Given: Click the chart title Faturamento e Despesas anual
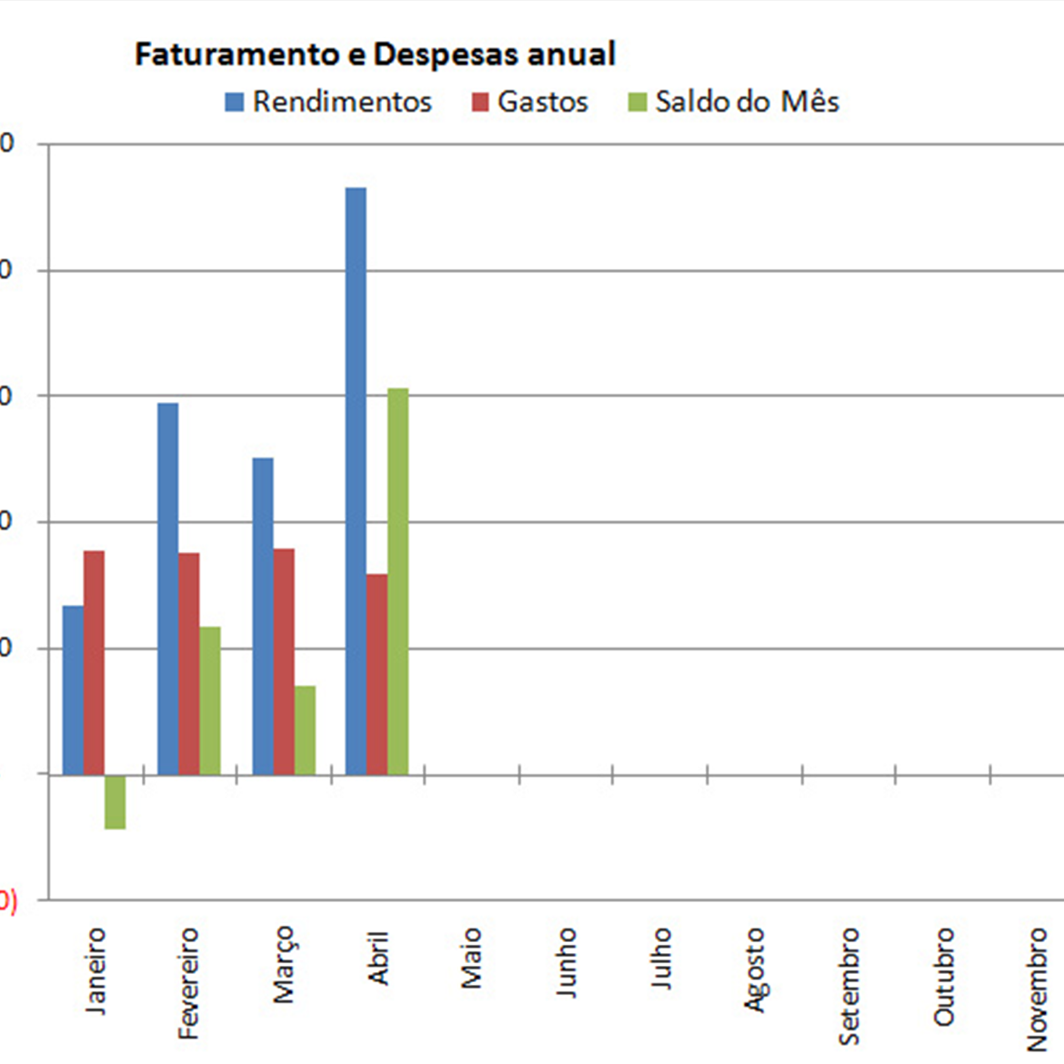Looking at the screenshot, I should click(x=375, y=55).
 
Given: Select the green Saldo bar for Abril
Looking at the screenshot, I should click(x=397, y=581).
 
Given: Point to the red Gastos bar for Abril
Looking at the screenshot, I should click(x=376, y=674).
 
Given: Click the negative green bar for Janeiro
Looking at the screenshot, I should click(x=115, y=801).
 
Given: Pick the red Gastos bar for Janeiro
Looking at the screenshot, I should click(x=95, y=662).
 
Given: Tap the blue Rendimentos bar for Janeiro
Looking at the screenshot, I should click(x=73, y=689).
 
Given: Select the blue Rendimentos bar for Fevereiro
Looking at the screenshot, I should click(x=168, y=588).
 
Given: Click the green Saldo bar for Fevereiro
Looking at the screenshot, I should click(x=210, y=700).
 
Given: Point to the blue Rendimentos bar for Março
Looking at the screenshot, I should click(x=263, y=616).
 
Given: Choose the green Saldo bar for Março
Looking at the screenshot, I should click(x=305, y=729).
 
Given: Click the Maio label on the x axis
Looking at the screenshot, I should click(x=471, y=958).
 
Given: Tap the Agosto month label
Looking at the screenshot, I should click(x=755, y=969).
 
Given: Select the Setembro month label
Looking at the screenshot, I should click(x=849, y=986).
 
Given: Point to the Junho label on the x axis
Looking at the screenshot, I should click(x=566, y=962).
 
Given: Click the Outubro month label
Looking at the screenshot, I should click(x=944, y=977).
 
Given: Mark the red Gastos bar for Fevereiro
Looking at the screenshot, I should click(x=189, y=663).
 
